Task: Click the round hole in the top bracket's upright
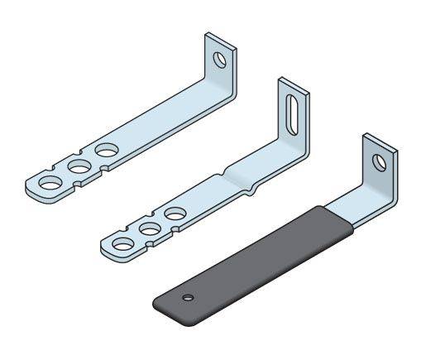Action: tap(219, 60)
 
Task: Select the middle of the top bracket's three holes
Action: tap(79, 166)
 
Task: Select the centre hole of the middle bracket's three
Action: tap(149, 228)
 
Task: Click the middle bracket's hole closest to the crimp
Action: tap(174, 214)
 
